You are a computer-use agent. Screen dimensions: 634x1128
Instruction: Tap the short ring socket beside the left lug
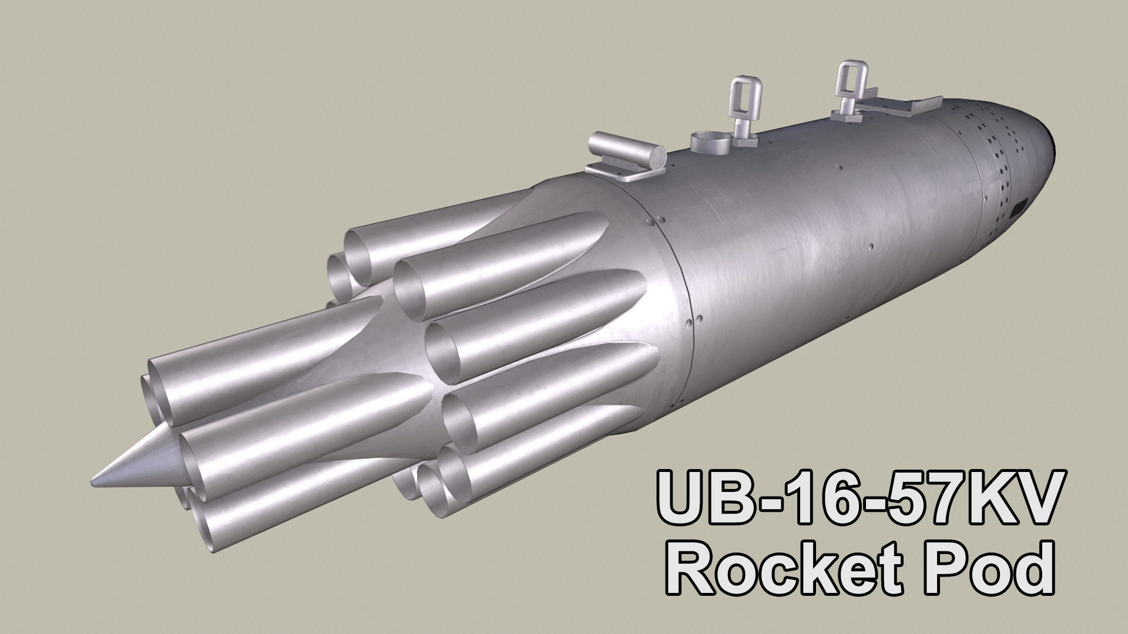[710, 141]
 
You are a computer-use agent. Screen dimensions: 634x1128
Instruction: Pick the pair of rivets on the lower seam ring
[693, 321]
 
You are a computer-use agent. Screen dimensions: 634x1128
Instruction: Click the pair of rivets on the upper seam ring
[655, 220]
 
